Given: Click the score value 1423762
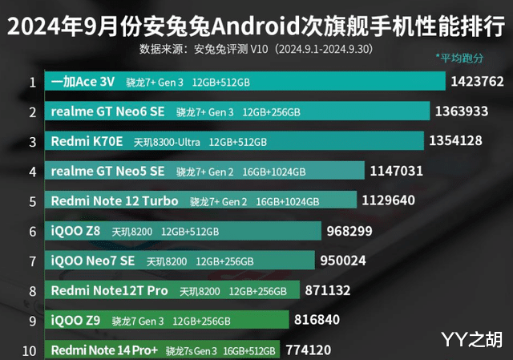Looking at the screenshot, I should (477, 81).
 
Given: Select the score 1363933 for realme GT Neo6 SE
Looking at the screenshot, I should (461, 111).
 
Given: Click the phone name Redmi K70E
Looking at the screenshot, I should (87, 141).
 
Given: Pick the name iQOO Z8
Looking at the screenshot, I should (75, 231).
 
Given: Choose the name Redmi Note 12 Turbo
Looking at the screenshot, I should (115, 200).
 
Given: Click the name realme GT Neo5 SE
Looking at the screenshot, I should (107, 171).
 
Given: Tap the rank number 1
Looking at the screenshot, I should (31, 82).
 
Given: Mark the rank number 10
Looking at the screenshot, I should (29, 350).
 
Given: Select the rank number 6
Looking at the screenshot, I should (31, 231).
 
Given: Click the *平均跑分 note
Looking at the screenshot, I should (459, 58).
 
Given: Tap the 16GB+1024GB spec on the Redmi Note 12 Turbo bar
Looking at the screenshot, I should (288, 201).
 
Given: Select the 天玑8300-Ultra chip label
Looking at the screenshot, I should (167, 142).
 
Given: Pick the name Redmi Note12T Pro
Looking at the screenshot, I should (109, 290).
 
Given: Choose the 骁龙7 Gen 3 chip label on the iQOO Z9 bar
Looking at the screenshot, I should (137, 321).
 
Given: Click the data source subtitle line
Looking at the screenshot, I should (256, 49).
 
